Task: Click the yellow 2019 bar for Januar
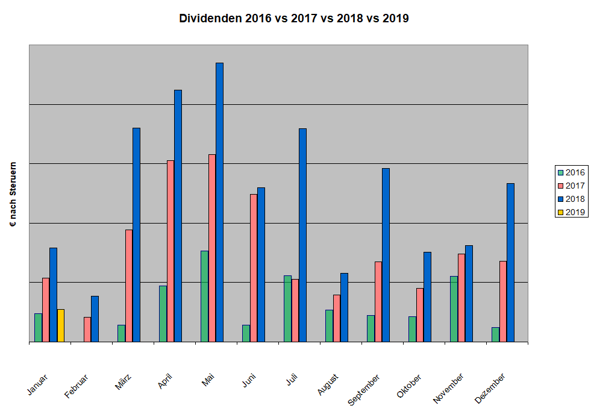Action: [x=61, y=325]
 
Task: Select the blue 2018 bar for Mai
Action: [x=219, y=202]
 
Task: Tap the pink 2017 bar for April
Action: [x=170, y=251]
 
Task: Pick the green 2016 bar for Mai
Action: [x=204, y=296]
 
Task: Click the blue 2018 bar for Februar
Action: [x=95, y=319]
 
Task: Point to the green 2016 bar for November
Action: [x=454, y=309]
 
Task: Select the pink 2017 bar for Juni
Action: [x=254, y=268]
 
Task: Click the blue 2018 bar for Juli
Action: [x=302, y=235]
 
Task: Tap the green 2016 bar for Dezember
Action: [x=495, y=334]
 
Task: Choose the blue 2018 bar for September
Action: [x=386, y=255]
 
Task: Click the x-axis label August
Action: [x=328, y=384]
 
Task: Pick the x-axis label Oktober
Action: [x=410, y=386]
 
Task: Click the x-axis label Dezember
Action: [x=490, y=388]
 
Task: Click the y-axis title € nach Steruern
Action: [x=13, y=193]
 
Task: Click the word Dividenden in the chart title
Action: [x=210, y=18]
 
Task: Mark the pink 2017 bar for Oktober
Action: [x=420, y=315]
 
